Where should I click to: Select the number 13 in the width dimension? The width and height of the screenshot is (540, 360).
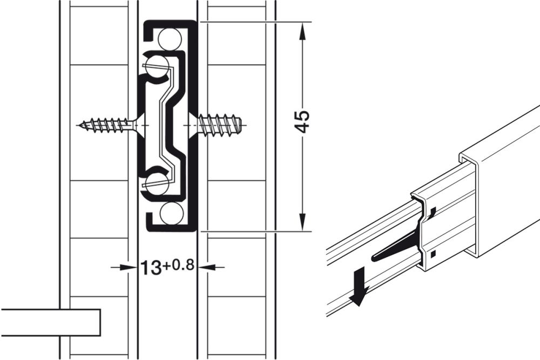pyautogui.click(x=151, y=267)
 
